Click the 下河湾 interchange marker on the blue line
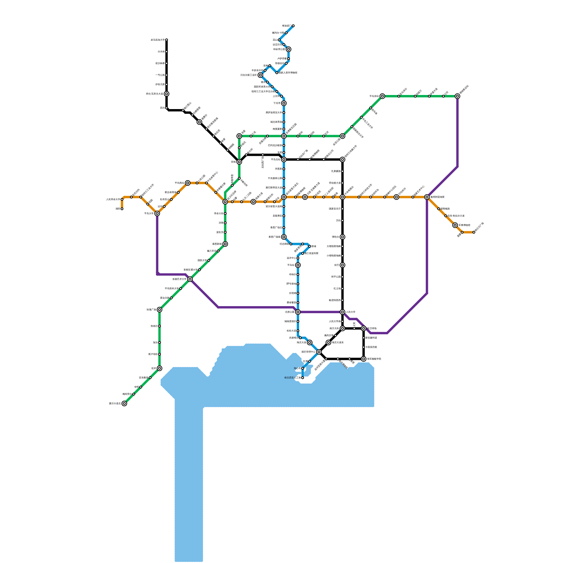pyautogui.click(x=284, y=103)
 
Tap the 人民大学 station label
pyautogui.click(x=351, y=312)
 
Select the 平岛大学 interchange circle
pyautogui.click(x=157, y=213)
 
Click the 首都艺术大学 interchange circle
pyautogui.click(x=190, y=279)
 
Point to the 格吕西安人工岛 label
pyautogui.click(x=292, y=378)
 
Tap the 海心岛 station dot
pyautogui.click(x=303, y=368)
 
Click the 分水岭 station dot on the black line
pyautogui.click(x=166, y=52)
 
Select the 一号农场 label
pyautogui.click(x=160, y=75)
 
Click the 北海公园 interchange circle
pyautogui.click(x=298, y=312)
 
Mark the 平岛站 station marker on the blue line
pyautogui.click(x=298, y=265)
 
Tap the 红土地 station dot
pyautogui.click(x=342, y=289)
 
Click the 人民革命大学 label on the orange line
pyautogui.click(x=113, y=200)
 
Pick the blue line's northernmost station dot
pyautogui.click(x=293, y=26)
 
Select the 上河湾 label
pyautogui.click(x=276, y=96)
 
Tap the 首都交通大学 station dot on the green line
pyautogui.click(x=200, y=270)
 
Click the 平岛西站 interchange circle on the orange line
pyautogui.click(x=188, y=183)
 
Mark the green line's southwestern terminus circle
pyautogui.click(x=124, y=404)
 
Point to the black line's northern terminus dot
pyautogui.click(x=166, y=40)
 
